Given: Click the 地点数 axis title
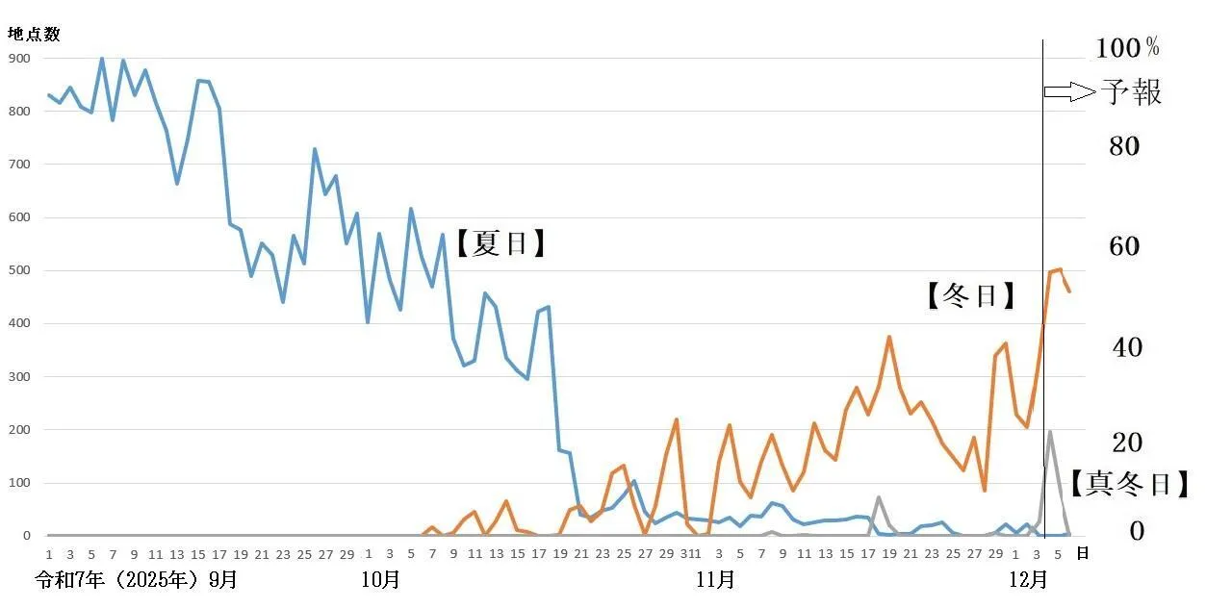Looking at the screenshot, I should (35, 35).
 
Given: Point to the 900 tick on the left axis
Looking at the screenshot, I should (20, 58).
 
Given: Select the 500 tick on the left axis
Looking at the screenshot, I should (20, 270).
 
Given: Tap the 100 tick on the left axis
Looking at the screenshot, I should (20, 483).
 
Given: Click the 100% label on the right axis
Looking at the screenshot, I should (1128, 47).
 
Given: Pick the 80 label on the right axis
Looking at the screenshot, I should (1125, 146).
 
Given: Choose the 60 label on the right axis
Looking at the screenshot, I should (1125, 246).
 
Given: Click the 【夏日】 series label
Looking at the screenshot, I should (500, 243).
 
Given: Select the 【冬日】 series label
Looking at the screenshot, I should (971, 296).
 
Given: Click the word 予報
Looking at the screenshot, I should (1131, 92).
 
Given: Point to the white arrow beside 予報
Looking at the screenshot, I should (1069, 91).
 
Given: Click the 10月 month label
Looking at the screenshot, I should (380, 580).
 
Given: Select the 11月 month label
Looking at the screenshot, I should (714, 580).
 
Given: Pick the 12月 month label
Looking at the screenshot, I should (1027, 580).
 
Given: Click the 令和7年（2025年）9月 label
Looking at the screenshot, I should (136, 580).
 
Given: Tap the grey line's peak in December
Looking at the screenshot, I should (1049, 432).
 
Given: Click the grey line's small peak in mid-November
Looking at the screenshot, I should (878, 497).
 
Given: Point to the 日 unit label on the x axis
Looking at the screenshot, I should (1082, 554).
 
